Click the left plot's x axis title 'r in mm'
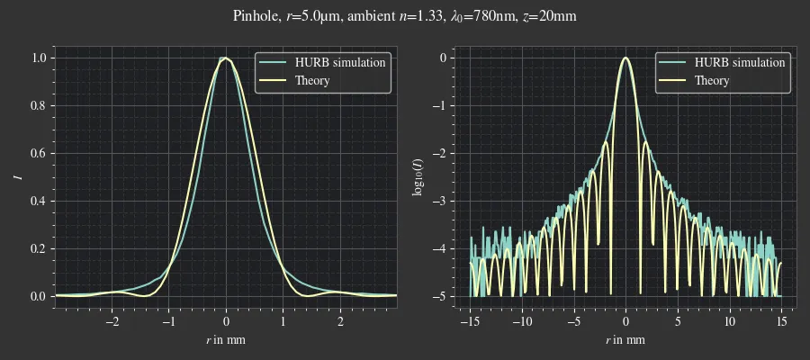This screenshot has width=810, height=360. (x=226, y=340)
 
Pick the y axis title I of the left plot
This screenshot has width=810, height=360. (x=18, y=177)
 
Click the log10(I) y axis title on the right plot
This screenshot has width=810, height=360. (x=418, y=177)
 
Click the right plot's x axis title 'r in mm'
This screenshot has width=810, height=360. (x=625, y=340)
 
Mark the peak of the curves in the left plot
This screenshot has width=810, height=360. (x=226, y=58)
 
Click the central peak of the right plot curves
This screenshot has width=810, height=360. (x=625, y=58)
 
